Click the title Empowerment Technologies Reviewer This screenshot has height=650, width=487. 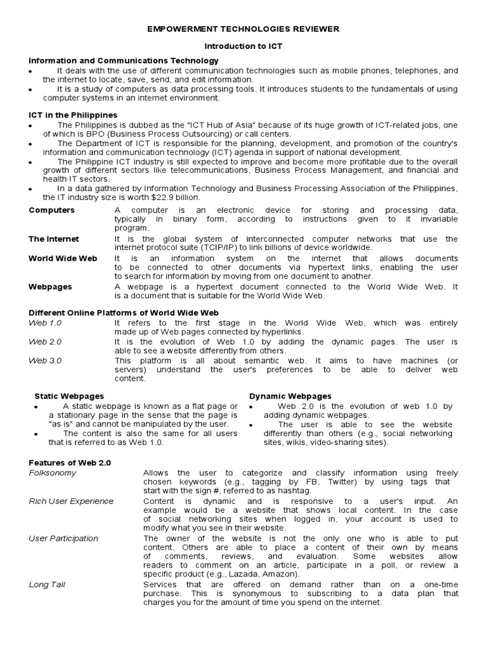(x=243, y=29)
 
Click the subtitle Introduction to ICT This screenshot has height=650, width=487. (x=243, y=47)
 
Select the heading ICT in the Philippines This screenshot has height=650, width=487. (x=73, y=115)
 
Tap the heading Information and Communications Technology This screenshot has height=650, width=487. (x=124, y=60)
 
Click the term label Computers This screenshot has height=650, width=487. (x=51, y=210)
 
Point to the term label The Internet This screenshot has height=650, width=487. (x=54, y=239)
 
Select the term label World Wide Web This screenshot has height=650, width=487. (x=62, y=258)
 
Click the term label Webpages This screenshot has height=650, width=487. (x=50, y=286)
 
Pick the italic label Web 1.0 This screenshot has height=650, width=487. (x=46, y=322)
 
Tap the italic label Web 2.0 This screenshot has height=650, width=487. (x=46, y=342)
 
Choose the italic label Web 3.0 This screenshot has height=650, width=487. (x=46, y=361)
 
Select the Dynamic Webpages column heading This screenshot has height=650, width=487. (x=290, y=396)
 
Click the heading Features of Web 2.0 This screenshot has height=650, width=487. (x=70, y=463)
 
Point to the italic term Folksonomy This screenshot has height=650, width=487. (x=53, y=473)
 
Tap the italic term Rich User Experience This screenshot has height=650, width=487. (x=72, y=501)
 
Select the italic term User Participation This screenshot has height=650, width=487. (x=63, y=538)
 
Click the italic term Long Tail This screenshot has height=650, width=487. (x=46, y=585)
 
